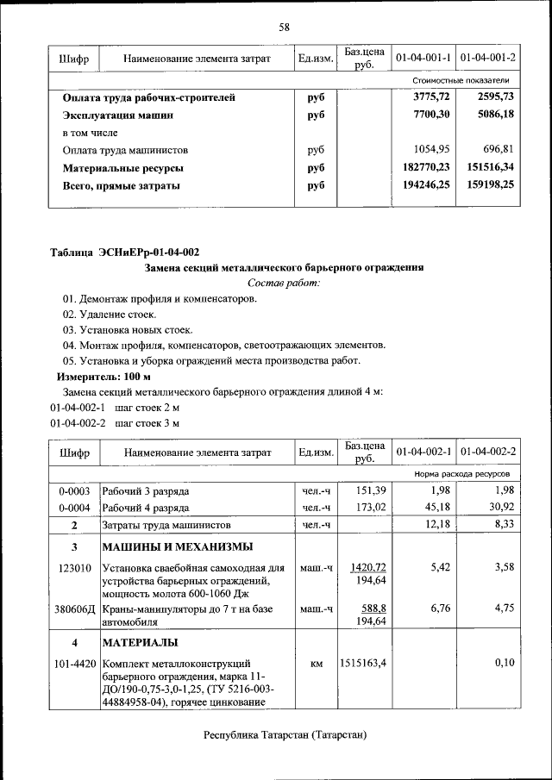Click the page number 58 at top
(284, 28)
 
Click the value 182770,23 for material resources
(420, 168)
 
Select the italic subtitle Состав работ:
(283, 283)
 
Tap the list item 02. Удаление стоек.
(109, 315)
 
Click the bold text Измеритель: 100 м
(103, 377)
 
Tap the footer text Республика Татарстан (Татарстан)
(285, 734)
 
